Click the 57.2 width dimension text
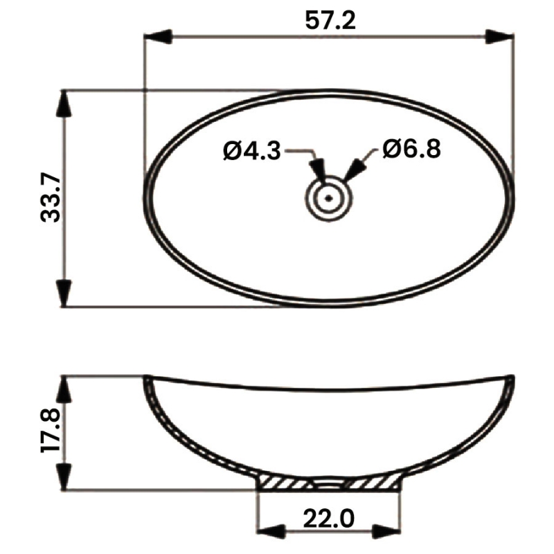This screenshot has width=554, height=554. click(x=330, y=21)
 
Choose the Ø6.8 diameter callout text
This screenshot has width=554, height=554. click(x=411, y=149)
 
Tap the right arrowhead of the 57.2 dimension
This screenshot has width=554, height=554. click(x=499, y=37)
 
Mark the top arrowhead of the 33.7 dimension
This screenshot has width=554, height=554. click(x=64, y=103)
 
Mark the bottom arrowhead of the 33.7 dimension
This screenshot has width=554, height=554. click(x=64, y=292)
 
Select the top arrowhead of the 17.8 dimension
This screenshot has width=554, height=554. click(x=64, y=390)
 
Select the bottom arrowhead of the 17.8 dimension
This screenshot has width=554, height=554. click(x=64, y=477)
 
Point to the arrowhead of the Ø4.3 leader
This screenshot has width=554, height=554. click(x=318, y=169)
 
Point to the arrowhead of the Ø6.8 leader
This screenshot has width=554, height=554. click(x=355, y=170)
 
